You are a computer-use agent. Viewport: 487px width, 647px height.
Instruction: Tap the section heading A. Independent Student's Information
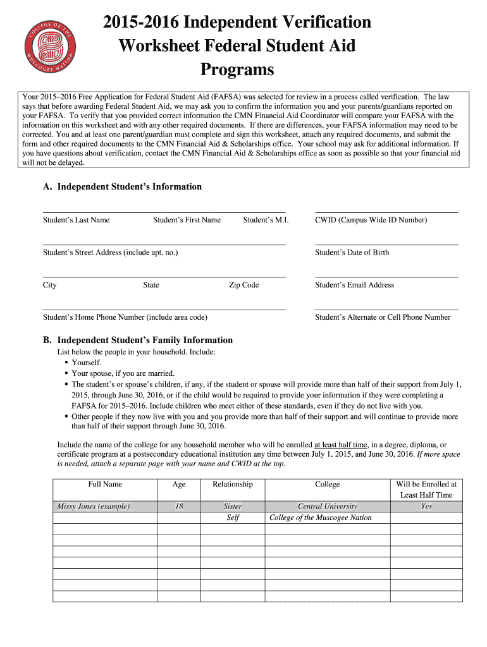pos(123,186)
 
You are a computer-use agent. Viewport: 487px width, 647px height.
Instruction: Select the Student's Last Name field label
pos(76,220)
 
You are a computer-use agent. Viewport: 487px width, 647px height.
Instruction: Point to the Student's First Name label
pos(187,220)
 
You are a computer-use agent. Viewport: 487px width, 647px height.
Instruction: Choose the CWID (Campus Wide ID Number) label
pos(371,220)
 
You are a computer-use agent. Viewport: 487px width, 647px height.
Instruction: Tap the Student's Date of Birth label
pos(352,253)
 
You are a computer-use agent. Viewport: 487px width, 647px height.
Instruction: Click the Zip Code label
pos(244,285)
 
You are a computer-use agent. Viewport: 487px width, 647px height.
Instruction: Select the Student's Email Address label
pos(354,285)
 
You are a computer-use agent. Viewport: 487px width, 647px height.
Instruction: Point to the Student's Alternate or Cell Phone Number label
pos(383,317)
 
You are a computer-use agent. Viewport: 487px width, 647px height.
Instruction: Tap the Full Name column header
pos(105,485)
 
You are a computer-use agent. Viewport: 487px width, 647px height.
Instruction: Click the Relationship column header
pos(233,485)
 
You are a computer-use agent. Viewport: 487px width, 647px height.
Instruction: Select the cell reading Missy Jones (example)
pos(93,506)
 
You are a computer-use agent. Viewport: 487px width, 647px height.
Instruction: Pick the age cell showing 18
pos(179,506)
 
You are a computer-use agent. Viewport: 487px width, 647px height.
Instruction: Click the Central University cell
pos(327,506)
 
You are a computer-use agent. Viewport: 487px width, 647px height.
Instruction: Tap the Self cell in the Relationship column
pos(233,517)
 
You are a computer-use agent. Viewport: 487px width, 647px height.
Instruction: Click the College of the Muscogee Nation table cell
pos(321,517)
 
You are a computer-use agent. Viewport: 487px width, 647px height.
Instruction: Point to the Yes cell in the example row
pos(426,506)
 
